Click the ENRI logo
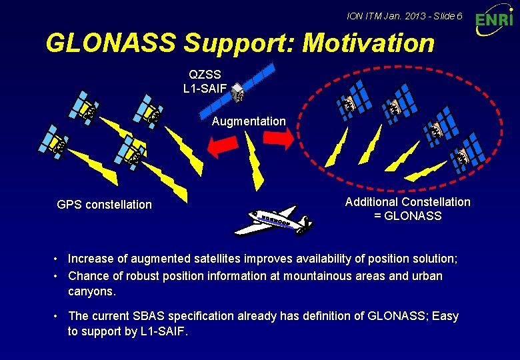[495, 21]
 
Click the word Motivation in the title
[368, 43]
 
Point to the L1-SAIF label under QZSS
[205, 87]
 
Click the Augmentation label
[249, 121]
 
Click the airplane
[273, 220]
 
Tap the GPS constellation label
[105, 205]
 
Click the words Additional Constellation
[407, 202]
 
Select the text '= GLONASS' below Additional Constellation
[408, 216]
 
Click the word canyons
[91, 292]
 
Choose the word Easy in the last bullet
[445, 316]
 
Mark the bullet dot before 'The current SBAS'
[59, 316]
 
